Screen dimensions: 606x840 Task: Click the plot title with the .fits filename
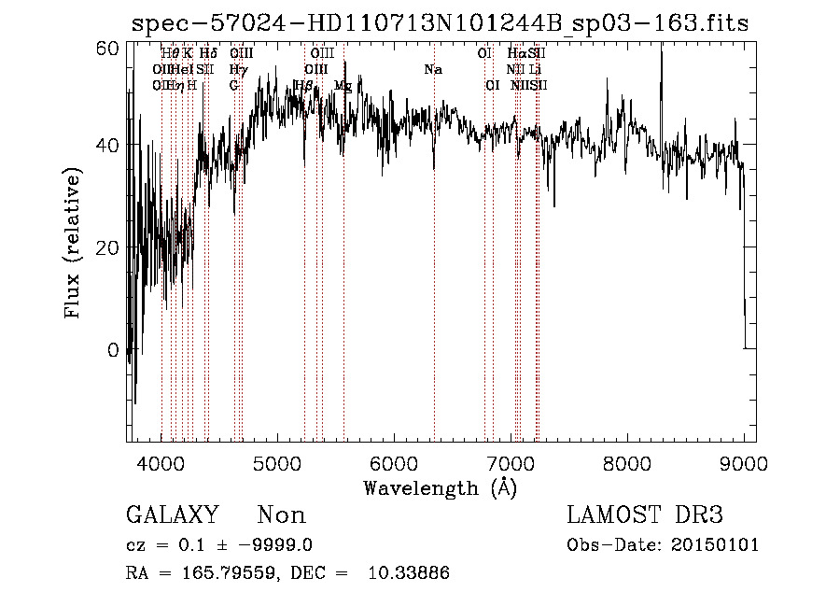pyautogui.click(x=439, y=23)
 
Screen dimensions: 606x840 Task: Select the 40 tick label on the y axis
pyautogui.click(x=108, y=146)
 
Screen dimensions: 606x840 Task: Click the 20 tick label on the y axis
pyautogui.click(x=108, y=247)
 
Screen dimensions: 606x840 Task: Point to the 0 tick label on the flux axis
pyautogui.click(x=114, y=350)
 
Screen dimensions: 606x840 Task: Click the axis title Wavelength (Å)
pyautogui.click(x=440, y=487)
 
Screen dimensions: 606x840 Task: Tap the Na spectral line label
pyautogui.click(x=433, y=70)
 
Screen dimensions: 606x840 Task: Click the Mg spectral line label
pyautogui.click(x=343, y=86)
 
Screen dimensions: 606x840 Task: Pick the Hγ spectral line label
pyautogui.click(x=238, y=70)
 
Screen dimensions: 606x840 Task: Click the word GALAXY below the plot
pyautogui.click(x=173, y=515)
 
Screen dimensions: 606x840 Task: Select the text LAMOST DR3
pyautogui.click(x=645, y=515)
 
